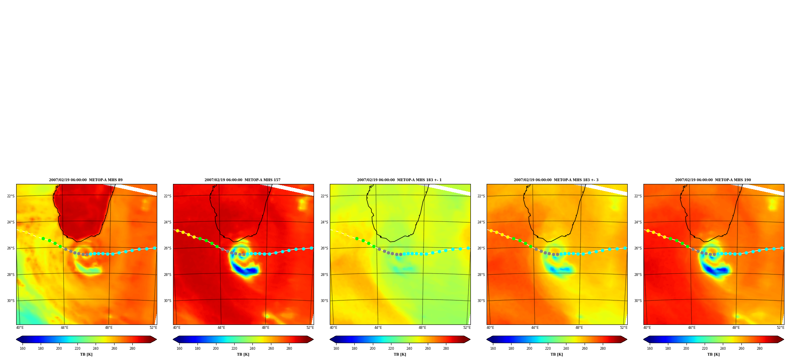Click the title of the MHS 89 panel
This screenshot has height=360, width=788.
pyautogui.click(x=86, y=180)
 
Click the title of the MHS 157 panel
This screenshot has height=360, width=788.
pyautogui.click(x=243, y=180)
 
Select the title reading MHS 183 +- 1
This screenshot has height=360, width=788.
pyautogui.click(x=399, y=180)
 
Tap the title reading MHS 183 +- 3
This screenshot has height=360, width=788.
pyautogui.click(x=556, y=180)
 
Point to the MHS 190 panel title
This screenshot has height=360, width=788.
pyautogui.click(x=713, y=180)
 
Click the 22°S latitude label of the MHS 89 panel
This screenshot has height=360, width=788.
pyautogui.click(x=11, y=196)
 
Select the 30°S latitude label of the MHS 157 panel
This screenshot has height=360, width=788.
pyautogui.click(x=167, y=301)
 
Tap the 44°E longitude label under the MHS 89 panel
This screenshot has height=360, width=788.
pyautogui.click(x=64, y=328)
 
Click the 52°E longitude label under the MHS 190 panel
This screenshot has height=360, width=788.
pyautogui.click(x=780, y=328)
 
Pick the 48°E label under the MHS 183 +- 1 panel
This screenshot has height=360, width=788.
pyautogui.click(x=423, y=328)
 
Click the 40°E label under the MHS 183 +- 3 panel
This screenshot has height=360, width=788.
pyautogui.click(x=490, y=328)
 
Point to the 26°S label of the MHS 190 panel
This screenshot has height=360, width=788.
pyautogui.click(x=638, y=248)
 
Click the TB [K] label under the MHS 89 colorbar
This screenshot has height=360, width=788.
pyautogui.click(x=86, y=354)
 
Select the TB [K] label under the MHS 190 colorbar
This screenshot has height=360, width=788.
pyautogui.click(x=713, y=354)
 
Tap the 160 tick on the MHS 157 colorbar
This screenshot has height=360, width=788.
pyautogui.click(x=179, y=349)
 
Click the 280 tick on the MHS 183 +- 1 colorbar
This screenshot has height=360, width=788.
pyautogui.click(x=446, y=349)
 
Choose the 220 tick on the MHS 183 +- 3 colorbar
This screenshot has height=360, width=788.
pyautogui.click(x=548, y=349)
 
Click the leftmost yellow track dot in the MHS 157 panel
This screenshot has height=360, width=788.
pyautogui.click(x=177, y=231)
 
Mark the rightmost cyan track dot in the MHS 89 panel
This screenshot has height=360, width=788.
pyautogui.click(x=154, y=248)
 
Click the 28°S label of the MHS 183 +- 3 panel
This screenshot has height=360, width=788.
pyautogui.click(x=481, y=275)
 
